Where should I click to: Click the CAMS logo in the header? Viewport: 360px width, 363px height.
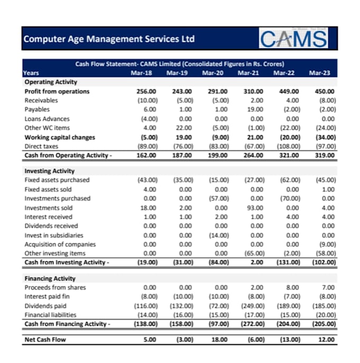[x=293, y=38]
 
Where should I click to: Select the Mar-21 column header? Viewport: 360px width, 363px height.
[x=248, y=73]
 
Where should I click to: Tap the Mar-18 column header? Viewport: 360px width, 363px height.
[x=141, y=73]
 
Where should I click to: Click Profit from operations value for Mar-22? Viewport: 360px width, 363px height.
[x=289, y=92]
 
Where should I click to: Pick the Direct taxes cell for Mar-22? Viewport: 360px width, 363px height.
[x=289, y=146]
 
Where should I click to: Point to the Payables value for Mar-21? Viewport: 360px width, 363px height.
[x=255, y=109]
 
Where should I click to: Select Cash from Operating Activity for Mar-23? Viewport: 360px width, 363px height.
[x=325, y=155]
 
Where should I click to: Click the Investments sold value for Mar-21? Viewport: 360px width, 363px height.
[x=255, y=208]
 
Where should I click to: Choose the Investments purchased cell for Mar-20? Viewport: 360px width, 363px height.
[x=219, y=198]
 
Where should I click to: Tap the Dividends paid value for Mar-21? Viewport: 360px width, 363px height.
[x=253, y=306]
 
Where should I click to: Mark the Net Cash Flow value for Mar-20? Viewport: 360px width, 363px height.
[x=219, y=340]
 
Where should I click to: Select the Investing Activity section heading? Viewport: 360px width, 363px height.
[x=49, y=171]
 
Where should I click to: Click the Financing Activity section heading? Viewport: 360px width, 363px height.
[x=50, y=279]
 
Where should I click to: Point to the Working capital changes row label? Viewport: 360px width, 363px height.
[x=60, y=137]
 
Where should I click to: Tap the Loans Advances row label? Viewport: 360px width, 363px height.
[x=47, y=119]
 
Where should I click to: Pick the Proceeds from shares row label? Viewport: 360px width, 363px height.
[x=55, y=288]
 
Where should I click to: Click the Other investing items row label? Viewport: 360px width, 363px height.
[x=55, y=253]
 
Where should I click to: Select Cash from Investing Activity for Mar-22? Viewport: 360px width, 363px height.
[x=289, y=262]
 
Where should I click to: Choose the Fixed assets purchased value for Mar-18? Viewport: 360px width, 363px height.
[x=148, y=180]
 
